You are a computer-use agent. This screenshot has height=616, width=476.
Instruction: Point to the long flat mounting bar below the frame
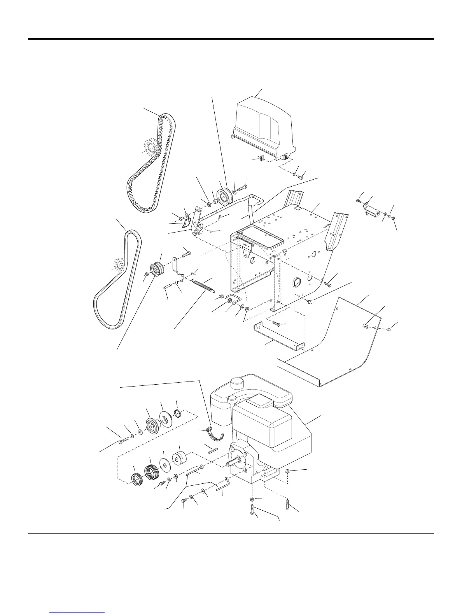point(278,337)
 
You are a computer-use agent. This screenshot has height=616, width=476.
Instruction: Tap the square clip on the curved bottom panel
point(366,326)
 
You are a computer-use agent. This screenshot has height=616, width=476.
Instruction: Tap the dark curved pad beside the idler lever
point(187,222)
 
